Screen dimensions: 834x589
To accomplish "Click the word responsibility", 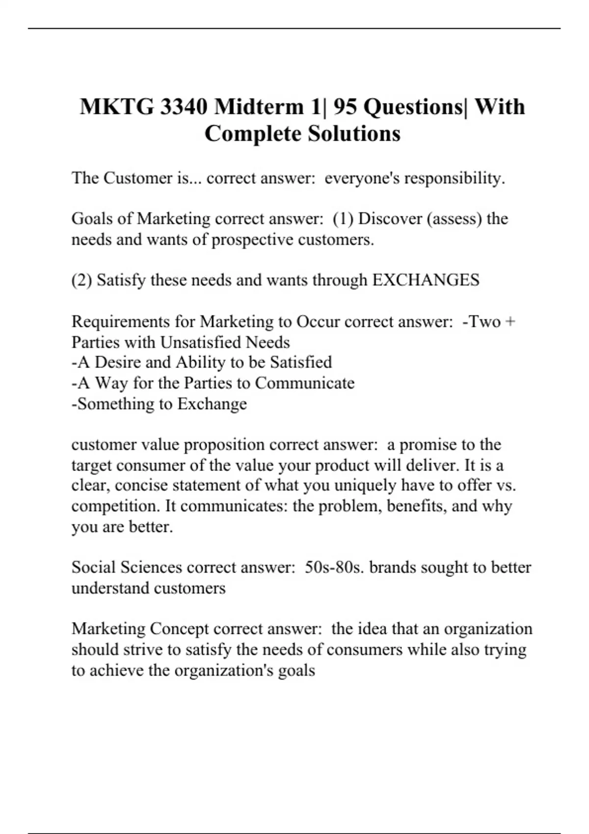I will point(454,178).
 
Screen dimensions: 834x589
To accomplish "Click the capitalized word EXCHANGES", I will point(426,280).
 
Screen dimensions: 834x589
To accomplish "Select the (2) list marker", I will point(81,280).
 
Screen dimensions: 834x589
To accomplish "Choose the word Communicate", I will point(305,383).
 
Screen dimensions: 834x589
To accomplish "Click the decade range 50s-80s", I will point(334,567).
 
